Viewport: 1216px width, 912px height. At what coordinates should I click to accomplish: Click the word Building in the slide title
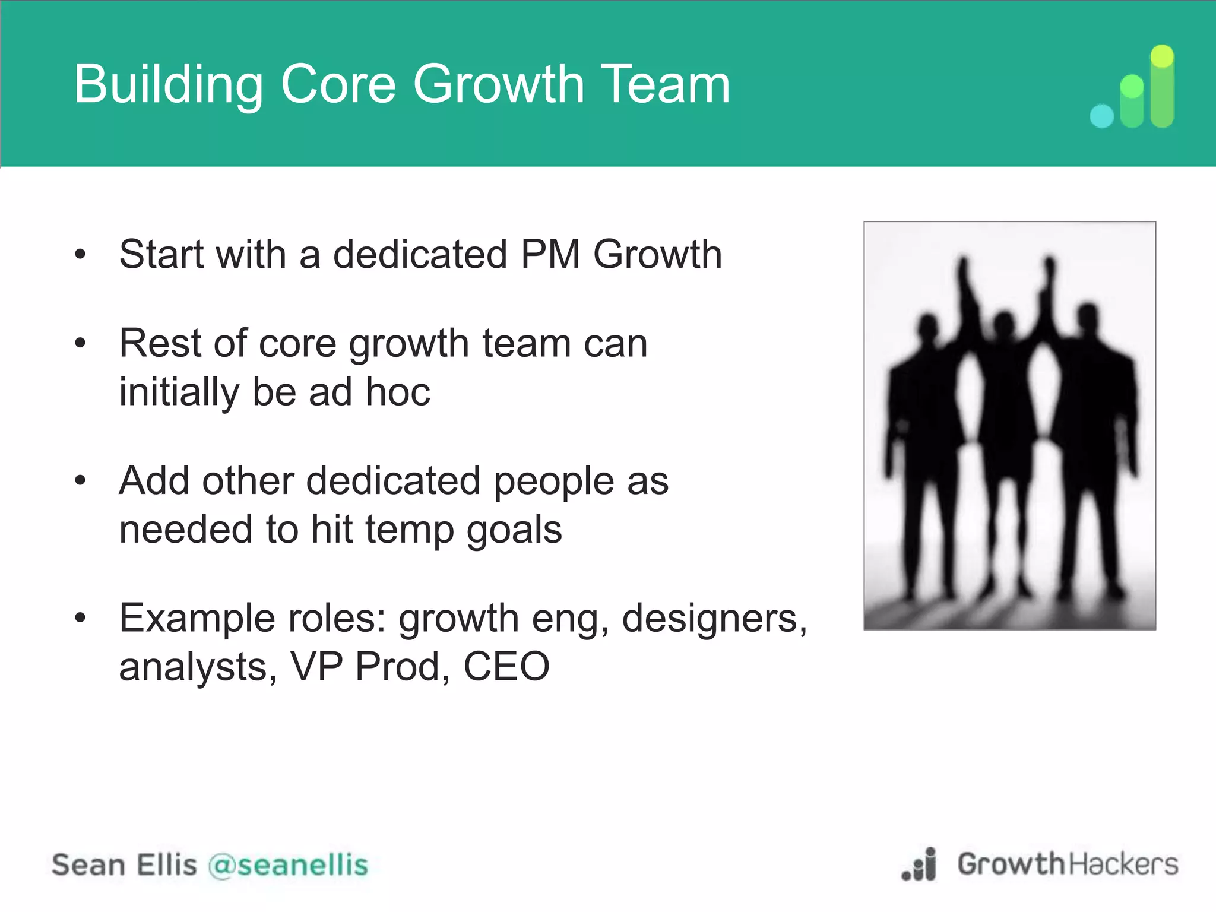click(168, 85)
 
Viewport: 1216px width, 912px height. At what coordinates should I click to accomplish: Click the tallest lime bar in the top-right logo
click(1162, 87)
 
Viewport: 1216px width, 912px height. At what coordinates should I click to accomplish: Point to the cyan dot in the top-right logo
click(1102, 116)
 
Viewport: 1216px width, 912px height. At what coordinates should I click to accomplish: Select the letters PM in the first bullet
click(550, 255)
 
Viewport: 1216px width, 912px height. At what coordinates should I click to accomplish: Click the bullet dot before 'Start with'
click(81, 255)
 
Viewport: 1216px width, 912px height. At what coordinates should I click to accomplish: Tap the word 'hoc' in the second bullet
click(398, 392)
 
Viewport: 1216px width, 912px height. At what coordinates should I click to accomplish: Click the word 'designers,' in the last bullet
click(715, 619)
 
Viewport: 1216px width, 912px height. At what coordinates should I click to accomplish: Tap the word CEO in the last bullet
click(506, 667)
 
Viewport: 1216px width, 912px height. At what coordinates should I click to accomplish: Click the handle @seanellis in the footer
click(289, 865)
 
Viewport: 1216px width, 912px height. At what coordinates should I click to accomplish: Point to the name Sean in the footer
click(87, 865)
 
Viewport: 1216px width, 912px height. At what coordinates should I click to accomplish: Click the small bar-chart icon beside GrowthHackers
click(920, 865)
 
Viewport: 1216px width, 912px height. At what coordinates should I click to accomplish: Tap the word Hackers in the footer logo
click(1123, 864)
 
